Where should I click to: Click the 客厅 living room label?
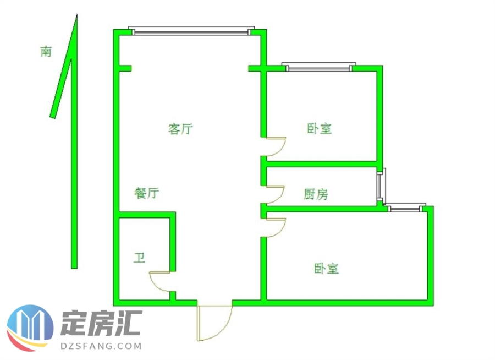180,129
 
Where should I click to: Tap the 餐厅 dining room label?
147,193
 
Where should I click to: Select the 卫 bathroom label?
139,258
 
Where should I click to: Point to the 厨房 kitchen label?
316,194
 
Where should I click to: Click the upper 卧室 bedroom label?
320,128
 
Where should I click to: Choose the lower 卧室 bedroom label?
327,268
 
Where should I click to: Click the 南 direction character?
46,51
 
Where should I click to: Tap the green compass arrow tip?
76,14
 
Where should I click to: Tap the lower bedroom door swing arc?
281,230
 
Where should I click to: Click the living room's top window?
191,31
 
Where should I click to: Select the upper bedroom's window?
319,67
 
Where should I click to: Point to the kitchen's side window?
381,187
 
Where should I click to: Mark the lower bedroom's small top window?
405,208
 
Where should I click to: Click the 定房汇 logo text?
101,323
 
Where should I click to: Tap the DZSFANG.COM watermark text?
101,346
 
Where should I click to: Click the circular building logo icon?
30,328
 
